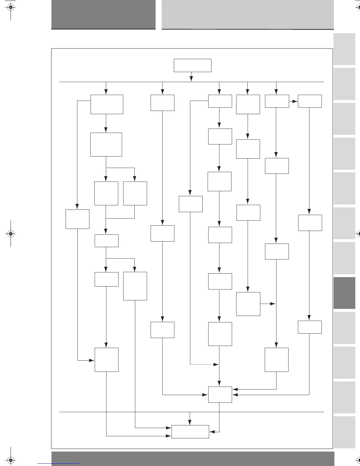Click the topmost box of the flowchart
(192, 65)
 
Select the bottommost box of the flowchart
(190, 432)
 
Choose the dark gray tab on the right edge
(344, 293)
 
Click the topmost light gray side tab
(344, 49)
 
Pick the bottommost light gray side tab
(344, 432)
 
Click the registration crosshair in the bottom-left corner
(11, 459)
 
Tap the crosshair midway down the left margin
(11, 234)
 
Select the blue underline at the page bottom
(58, 464)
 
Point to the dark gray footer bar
(193, 459)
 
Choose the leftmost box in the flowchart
(77, 219)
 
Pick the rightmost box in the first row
(310, 101)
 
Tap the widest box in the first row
(107, 104)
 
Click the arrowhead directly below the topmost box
(191, 79)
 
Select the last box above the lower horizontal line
(220, 395)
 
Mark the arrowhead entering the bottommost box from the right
(212, 432)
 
